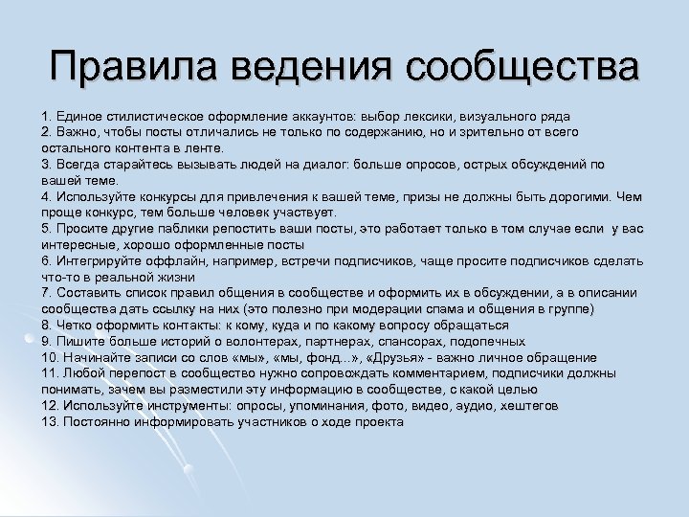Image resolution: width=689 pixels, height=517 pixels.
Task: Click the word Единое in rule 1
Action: (x=79, y=113)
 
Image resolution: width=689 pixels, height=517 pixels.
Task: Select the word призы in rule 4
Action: (x=427, y=196)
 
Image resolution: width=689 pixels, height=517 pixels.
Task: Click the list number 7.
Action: (x=45, y=293)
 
